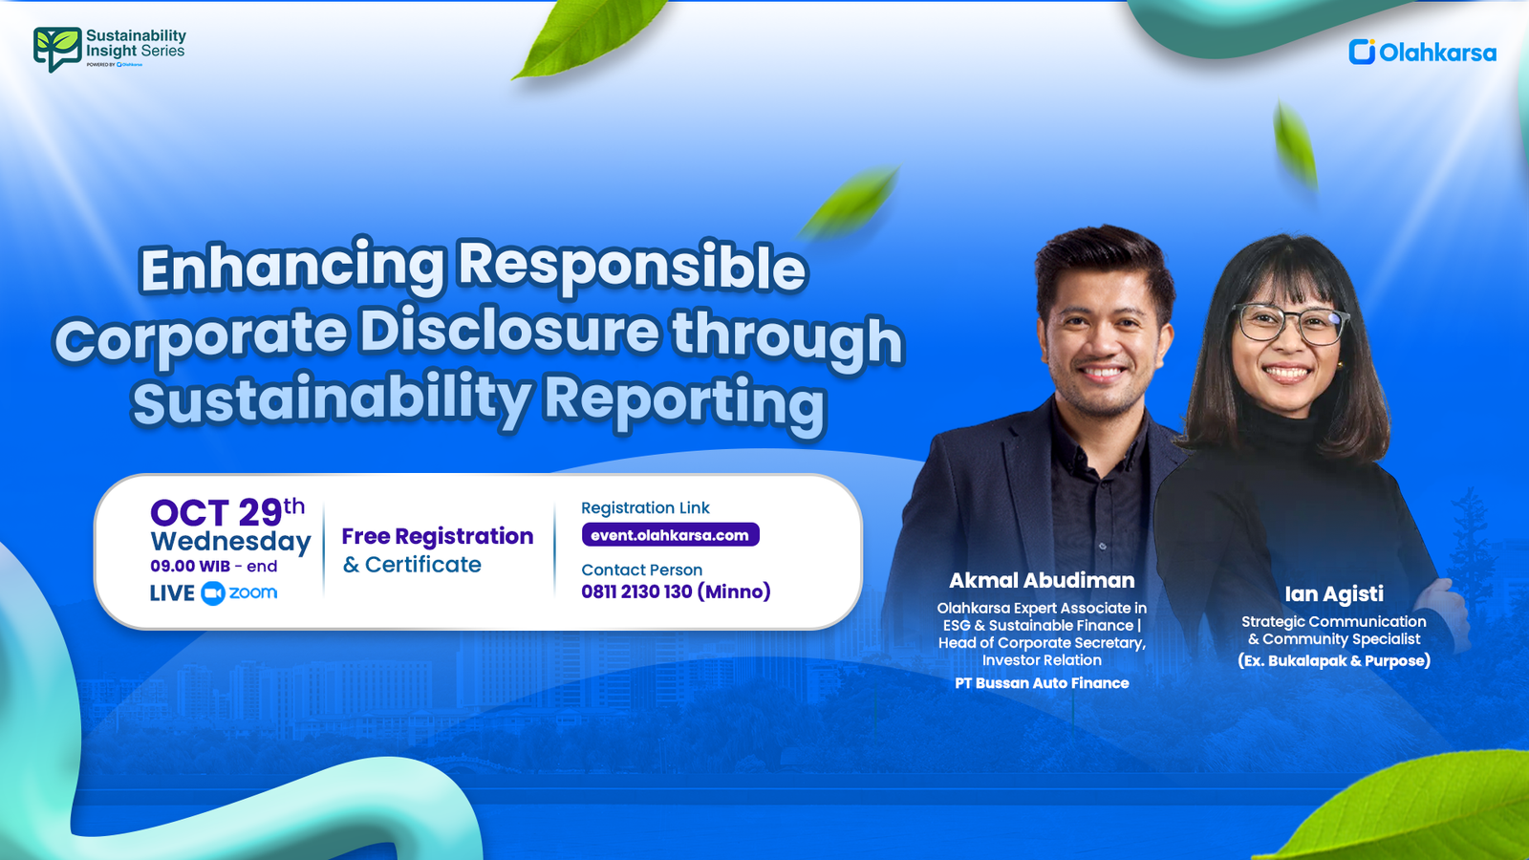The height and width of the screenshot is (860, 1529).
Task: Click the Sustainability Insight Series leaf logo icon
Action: click(x=56, y=49)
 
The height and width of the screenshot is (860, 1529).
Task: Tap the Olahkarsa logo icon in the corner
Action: click(x=1361, y=52)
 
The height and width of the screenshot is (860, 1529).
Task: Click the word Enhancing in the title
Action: click(x=292, y=268)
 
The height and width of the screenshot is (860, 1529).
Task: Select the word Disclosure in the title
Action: click(x=509, y=333)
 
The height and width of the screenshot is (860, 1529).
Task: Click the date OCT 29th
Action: click(x=227, y=512)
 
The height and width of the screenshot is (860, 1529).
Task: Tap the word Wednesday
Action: click(x=230, y=542)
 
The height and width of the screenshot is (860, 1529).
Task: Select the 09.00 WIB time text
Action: click(x=190, y=566)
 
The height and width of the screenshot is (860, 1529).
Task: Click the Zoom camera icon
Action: click(x=212, y=593)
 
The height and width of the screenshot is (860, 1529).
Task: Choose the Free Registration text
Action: click(x=437, y=536)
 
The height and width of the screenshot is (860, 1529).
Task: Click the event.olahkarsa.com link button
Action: click(x=670, y=535)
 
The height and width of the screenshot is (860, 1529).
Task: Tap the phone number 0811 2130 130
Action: click(x=636, y=591)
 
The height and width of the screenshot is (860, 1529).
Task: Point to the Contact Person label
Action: click(x=641, y=570)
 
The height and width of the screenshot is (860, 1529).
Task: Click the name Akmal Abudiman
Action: click(x=1042, y=580)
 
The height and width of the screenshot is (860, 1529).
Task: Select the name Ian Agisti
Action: click(x=1333, y=593)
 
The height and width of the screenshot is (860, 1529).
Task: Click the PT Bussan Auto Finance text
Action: click(x=1042, y=683)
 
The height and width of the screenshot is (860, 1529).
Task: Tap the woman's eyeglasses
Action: click(x=1290, y=323)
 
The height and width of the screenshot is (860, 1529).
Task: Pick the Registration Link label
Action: click(x=645, y=507)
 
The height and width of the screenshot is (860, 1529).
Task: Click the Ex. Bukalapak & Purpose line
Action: click(x=1334, y=660)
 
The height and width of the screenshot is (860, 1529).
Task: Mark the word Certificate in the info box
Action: click(x=423, y=565)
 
